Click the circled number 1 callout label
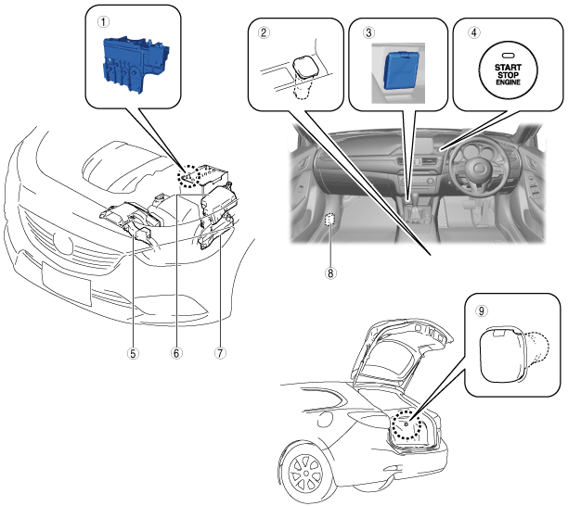point(103,22)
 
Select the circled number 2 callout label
point(264,33)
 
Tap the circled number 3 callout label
point(368,33)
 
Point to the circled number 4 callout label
point(474,32)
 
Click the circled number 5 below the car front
point(133,353)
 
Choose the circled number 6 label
point(176,353)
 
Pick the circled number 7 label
point(220,353)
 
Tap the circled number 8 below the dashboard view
point(330,273)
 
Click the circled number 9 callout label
point(481,311)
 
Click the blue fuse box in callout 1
point(135,64)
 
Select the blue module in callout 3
point(401,70)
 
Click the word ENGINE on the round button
point(508,82)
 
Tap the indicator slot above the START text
point(508,56)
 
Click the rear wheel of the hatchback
point(305,473)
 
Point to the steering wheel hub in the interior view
point(478,169)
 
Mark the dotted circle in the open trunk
point(407,424)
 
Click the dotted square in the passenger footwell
point(329,220)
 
